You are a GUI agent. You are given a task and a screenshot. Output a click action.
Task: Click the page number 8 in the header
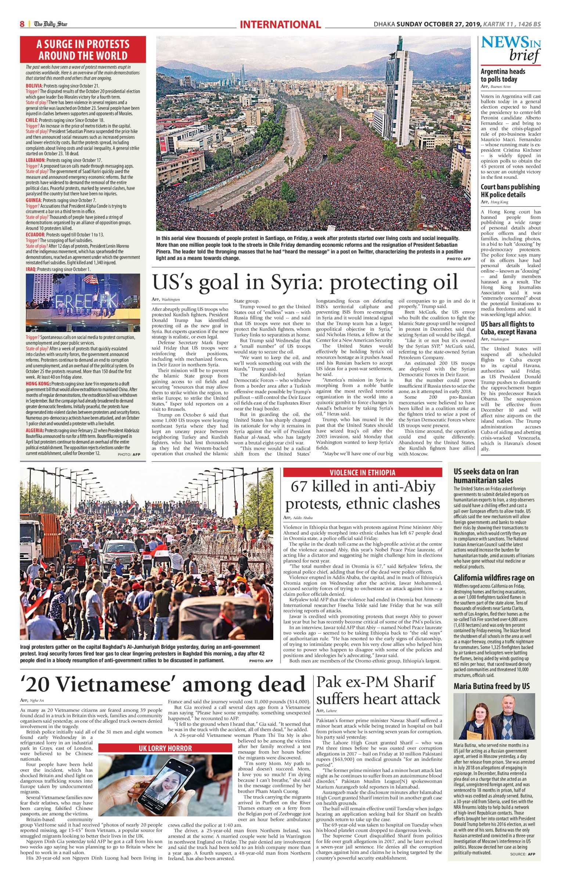[x=22, y=24]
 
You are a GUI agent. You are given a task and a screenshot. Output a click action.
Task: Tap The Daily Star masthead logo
[x=51, y=24]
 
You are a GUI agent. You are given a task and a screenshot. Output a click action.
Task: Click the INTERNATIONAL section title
[x=280, y=25]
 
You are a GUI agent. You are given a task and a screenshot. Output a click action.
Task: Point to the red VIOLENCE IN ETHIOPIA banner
[x=362, y=472]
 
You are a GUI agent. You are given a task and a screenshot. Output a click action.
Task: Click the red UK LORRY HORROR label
[x=165, y=748]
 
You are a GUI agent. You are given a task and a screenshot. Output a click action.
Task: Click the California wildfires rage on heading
[x=493, y=578]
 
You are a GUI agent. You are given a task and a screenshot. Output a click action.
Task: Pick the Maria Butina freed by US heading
[x=492, y=686]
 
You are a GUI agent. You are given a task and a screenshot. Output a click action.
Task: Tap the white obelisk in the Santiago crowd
[x=341, y=134]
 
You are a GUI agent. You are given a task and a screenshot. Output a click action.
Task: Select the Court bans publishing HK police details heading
[x=510, y=191]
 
